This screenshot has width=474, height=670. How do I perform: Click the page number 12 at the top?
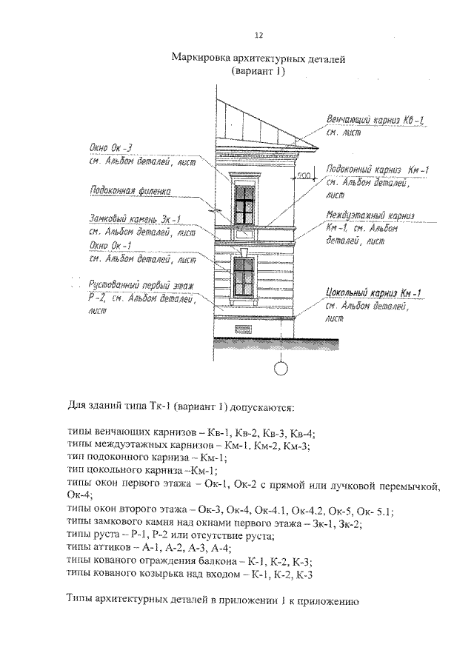[258, 35]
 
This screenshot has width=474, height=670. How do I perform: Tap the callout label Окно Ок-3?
[110, 153]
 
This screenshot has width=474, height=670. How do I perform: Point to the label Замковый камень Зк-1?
[135, 218]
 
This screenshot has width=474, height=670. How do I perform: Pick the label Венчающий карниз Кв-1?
[375, 120]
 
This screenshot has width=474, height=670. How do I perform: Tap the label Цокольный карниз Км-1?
[373, 294]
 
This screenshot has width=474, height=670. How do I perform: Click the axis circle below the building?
[281, 366]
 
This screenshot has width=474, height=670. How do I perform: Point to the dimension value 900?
[303, 175]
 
